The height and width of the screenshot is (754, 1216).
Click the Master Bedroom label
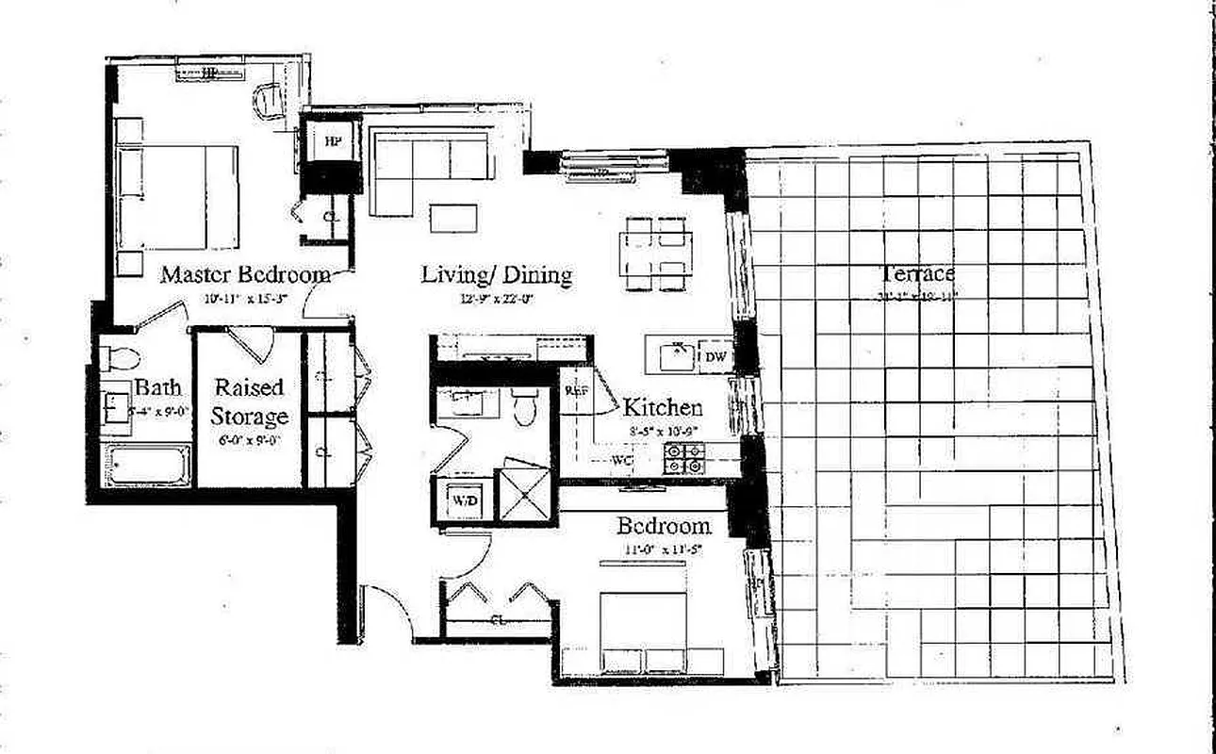pos(245,275)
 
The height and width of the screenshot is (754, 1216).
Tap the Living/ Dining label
pos(496,275)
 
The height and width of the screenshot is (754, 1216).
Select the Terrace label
pos(917,274)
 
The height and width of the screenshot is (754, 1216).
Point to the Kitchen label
pos(663,408)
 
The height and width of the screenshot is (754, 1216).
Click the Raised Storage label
pos(249,402)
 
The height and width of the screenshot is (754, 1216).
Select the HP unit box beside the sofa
pos(332,141)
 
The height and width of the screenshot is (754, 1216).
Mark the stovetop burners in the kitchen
pos(684,458)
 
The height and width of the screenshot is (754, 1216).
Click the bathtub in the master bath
pos(146,466)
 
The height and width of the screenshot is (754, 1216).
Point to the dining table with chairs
pos(657,253)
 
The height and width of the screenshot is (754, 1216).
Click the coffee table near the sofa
pos(453,218)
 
